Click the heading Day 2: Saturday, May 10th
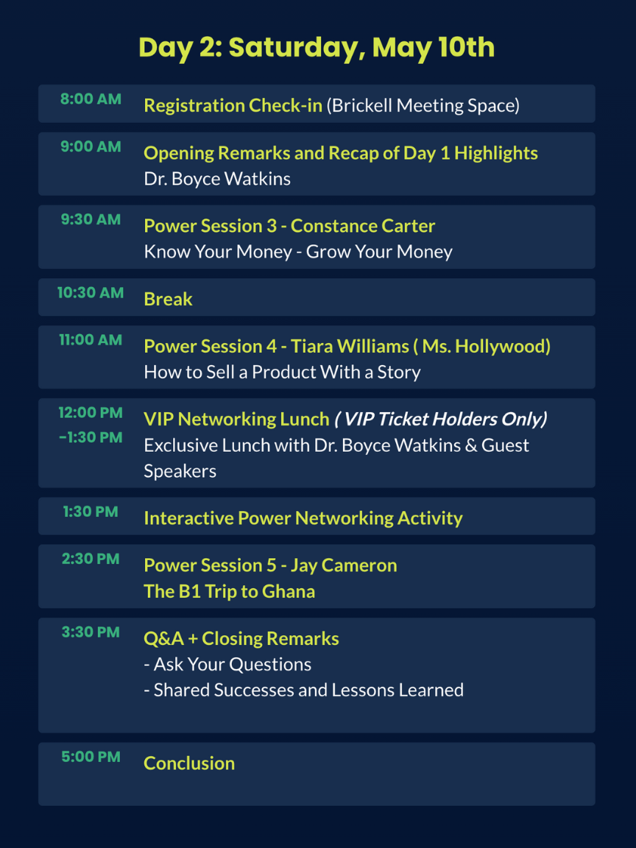pyautogui.click(x=317, y=48)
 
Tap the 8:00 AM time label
pyautogui.click(x=91, y=99)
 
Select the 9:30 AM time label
pyautogui.click(x=91, y=219)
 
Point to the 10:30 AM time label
pyautogui.click(x=91, y=292)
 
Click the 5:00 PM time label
pyautogui.click(x=91, y=757)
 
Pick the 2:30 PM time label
pyautogui.click(x=91, y=559)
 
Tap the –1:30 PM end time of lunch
pyautogui.click(x=91, y=437)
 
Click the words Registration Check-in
pyautogui.click(x=233, y=105)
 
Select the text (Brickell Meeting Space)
pyautogui.click(x=423, y=105)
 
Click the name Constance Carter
pyautogui.click(x=363, y=226)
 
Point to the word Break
pyautogui.click(x=168, y=299)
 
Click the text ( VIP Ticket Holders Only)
pyautogui.click(x=440, y=419)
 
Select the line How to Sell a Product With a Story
pyautogui.click(x=283, y=372)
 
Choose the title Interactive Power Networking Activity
pyautogui.click(x=303, y=518)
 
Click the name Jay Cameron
pyautogui.click(x=344, y=565)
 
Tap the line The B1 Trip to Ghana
pyautogui.click(x=230, y=591)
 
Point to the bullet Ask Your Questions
pyautogui.click(x=227, y=664)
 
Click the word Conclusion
pyautogui.click(x=189, y=763)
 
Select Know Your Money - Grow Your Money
pyautogui.click(x=298, y=252)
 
